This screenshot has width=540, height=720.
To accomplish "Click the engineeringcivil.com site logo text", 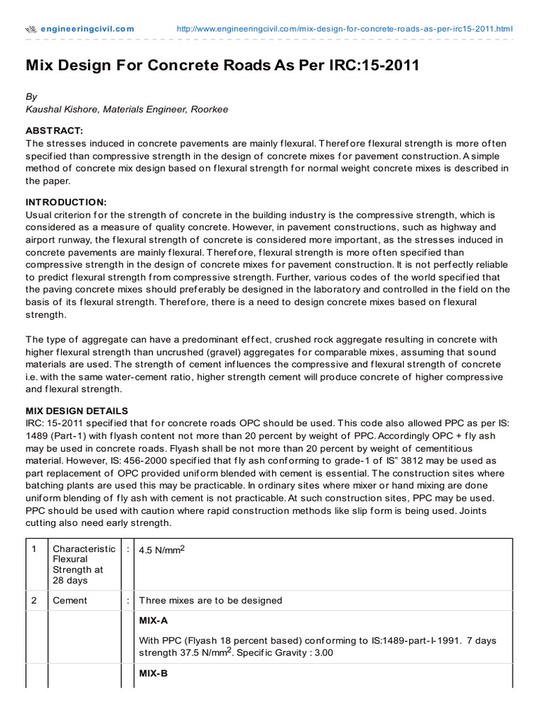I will click(x=86, y=29).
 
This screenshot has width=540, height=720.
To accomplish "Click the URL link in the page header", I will click(x=344, y=29).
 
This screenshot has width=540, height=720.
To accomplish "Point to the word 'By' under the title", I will click(x=32, y=96).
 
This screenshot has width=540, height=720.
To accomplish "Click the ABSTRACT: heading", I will click(x=54, y=131).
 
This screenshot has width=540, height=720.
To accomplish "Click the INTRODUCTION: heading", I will click(x=66, y=202).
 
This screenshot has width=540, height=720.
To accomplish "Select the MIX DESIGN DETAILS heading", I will click(x=77, y=410).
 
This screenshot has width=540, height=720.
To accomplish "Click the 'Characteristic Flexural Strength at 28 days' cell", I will click(x=84, y=565).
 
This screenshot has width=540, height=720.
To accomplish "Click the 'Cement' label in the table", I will click(x=70, y=600).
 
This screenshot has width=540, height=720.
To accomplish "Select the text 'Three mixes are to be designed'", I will click(x=210, y=600).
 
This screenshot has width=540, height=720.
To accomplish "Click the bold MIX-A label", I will click(x=153, y=621).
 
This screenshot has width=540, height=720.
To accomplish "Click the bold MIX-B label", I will click(x=153, y=673).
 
